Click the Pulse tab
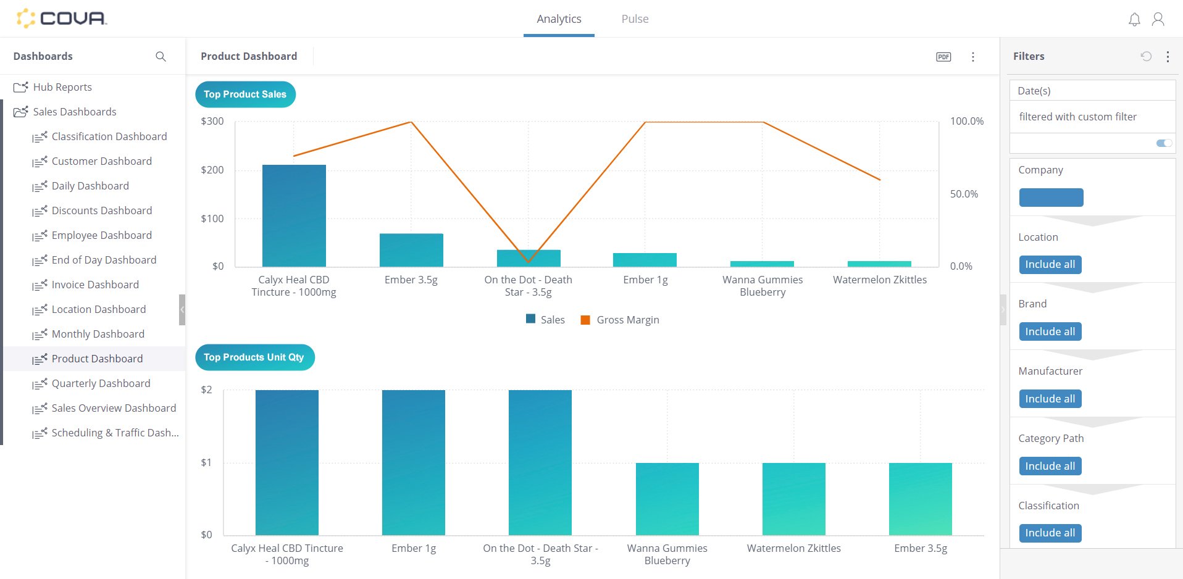click(x=634, y=19)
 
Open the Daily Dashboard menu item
click(x=90, y=186)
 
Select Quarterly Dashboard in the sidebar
click(x=101, y=383)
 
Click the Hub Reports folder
click(x=62, y=87)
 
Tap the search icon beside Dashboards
click(x=161, y=56)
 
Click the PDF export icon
click(x=943, y=57)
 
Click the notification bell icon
click(x=1134, y=20)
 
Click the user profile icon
click(x=1158, y=20)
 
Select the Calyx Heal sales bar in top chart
click(x=294, y=216)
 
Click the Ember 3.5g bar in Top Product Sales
click(x=411, y=250)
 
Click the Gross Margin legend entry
click(x=620, y=320)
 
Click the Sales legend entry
click(x=545, y=320)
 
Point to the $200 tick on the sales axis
click(x=212, y=170)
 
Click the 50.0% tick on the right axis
click(x=963, y=194)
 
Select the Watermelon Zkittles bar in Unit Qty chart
click(x=793, y=499)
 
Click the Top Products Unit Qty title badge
click(x=254, y=357)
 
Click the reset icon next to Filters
click(x=1145, y=56)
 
